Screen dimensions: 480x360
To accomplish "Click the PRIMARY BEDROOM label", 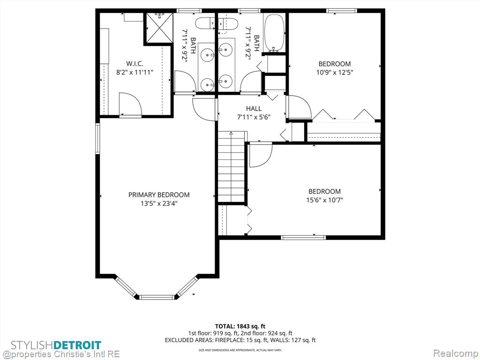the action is [x=159, y=195].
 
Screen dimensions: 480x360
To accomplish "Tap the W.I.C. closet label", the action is [x=135, y=64].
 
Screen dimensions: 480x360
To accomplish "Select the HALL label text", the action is [x=254, y=108].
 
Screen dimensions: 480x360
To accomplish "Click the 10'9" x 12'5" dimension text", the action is [x=335, y=73].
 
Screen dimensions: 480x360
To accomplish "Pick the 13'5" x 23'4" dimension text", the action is [x=159, y=203].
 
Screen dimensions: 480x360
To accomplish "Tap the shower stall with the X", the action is [x=159, y=28].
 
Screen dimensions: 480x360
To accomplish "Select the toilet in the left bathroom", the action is [x=205, y=23].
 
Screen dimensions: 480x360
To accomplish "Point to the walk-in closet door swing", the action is [x=130, y=104].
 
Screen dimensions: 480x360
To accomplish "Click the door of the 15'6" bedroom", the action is [x=261, y=156].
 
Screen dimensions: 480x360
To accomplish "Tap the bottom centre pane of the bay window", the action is [x=157, y=297].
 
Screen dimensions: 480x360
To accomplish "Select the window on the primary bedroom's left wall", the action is [x=97, y=138].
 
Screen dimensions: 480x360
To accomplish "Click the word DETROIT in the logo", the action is [x=77, y=345].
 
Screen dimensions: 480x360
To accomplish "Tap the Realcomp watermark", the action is [x=455, y=353].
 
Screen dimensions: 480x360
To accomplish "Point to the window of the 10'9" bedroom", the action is [x=342, y=11].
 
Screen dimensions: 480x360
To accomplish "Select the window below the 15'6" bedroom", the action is [x=303, y=237].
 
